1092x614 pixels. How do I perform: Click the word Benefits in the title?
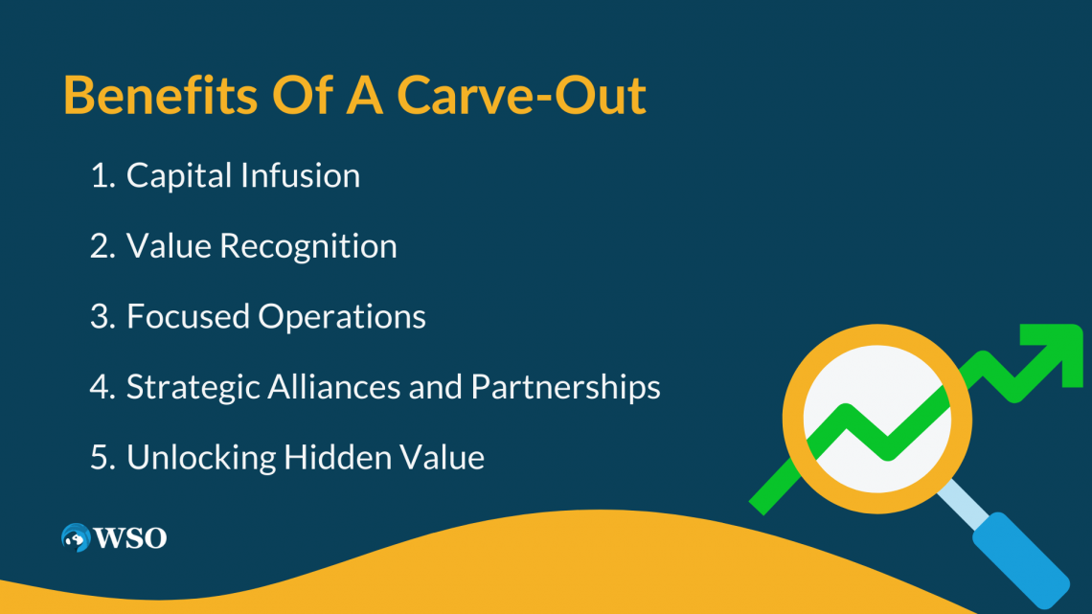[160, 95]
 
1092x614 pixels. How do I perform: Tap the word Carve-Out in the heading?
[521, 95]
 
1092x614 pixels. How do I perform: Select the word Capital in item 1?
[178, 176]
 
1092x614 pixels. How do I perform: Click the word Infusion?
[301, 174]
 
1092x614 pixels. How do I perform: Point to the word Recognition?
[308, 247]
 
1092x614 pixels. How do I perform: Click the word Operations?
[342, 317]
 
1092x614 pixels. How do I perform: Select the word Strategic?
[193, 388]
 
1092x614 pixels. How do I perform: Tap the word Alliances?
[333, 386]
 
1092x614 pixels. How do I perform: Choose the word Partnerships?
[565, 388]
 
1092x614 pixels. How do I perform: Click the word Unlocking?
[200, 458]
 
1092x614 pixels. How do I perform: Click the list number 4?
[102, 387]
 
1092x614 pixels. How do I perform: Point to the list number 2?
[102, 246]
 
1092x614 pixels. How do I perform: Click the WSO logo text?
[130, 538]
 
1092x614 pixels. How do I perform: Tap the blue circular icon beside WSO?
[76, 537]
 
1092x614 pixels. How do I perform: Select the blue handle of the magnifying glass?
[1021, 561]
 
